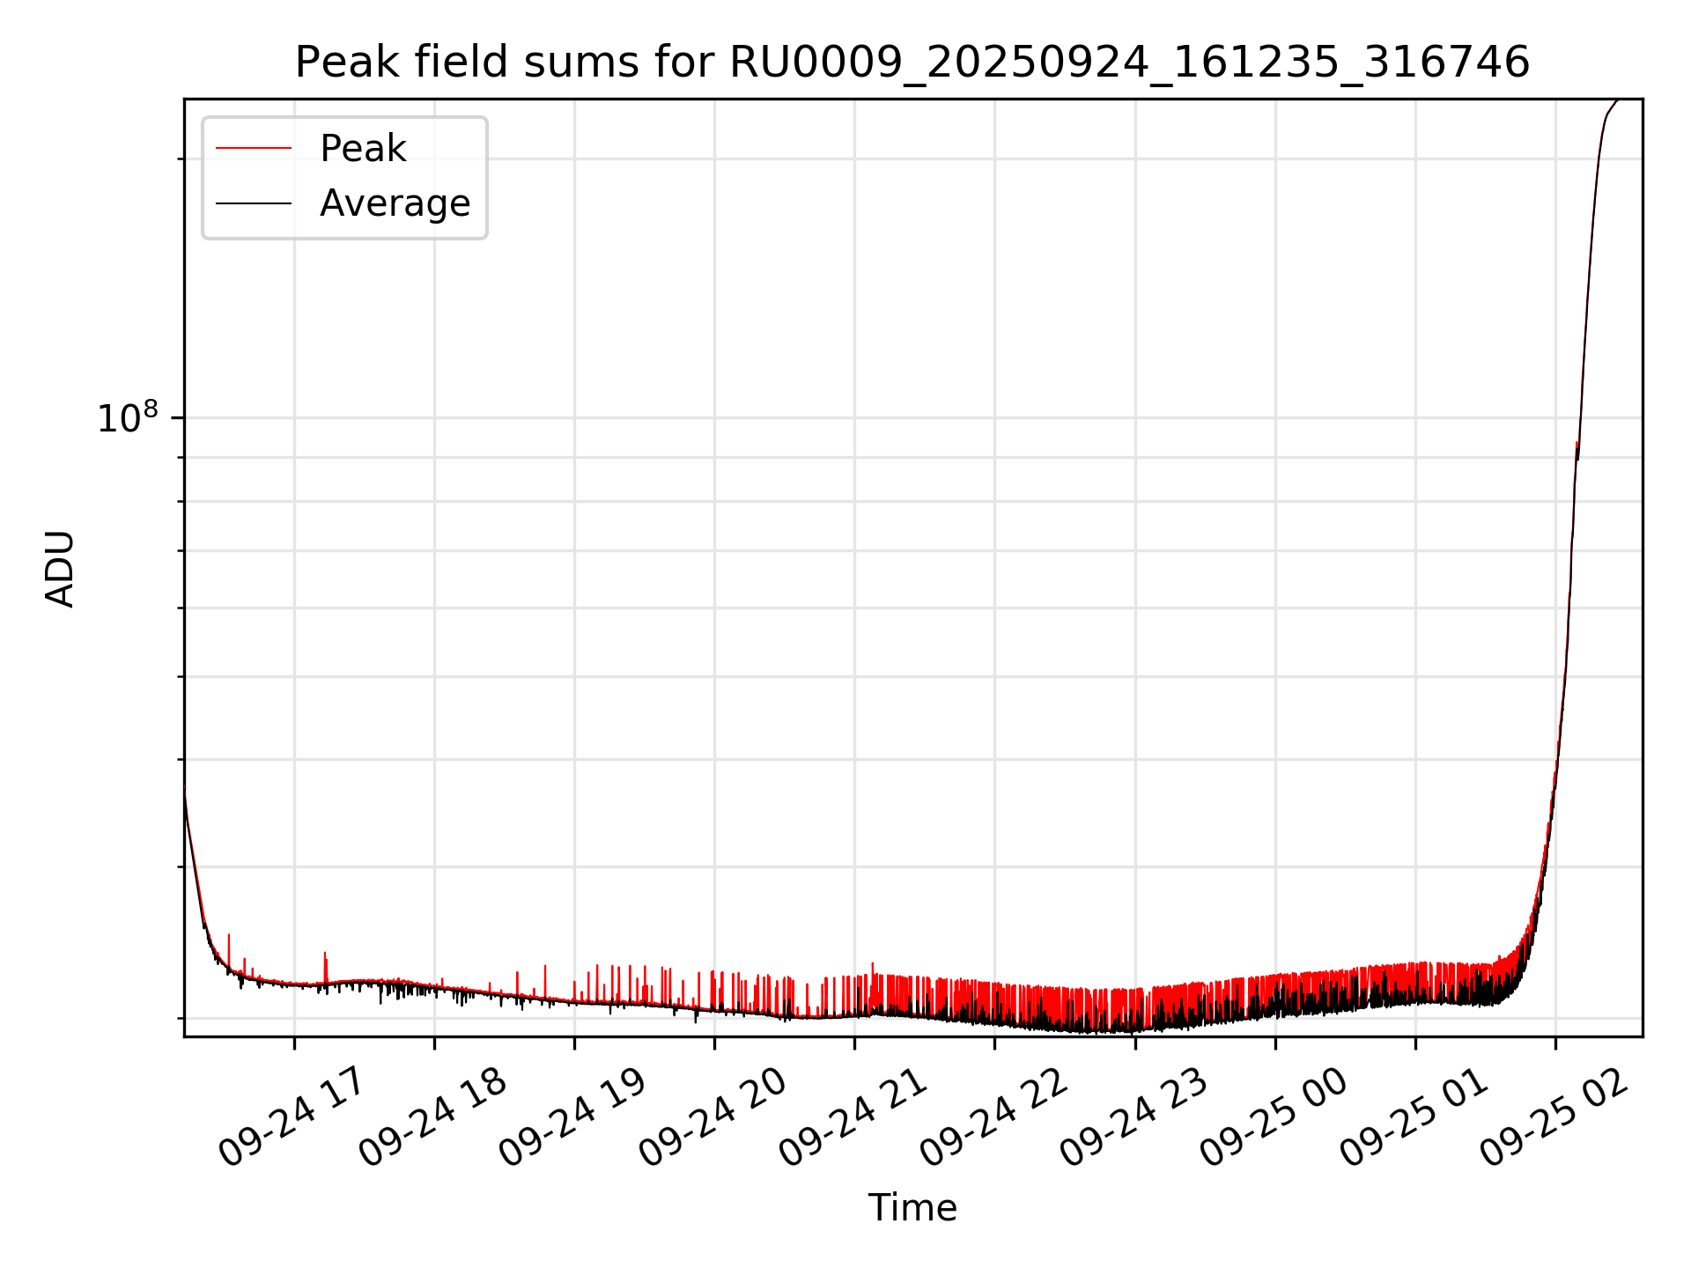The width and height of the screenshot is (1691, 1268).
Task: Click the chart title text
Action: [912, 63]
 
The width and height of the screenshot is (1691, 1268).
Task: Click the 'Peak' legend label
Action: [363, 149]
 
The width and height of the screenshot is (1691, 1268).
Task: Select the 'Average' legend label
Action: [395, 203]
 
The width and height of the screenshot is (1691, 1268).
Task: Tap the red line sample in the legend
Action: [254, 149]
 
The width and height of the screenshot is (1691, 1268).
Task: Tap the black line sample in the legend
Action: [254, 203]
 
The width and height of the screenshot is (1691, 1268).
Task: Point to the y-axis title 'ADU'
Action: [60, 568]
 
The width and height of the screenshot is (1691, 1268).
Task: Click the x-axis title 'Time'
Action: [912, 1207]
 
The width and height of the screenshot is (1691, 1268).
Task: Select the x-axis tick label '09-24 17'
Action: [292, 1117]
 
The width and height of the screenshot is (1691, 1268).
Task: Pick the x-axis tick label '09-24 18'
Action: [432, 1117]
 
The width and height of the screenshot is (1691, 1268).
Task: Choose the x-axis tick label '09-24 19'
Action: [572, 1117]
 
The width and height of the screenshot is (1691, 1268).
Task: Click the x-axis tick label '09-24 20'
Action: [713, 1117]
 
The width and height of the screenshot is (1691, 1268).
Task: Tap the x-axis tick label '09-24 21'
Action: [853, 1117]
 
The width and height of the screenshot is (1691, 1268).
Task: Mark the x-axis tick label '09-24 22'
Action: [993, 1117]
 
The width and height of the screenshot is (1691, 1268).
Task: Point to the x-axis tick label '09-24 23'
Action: [1133, 1117]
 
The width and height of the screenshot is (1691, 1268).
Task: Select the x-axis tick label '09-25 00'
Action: [1274, 1117]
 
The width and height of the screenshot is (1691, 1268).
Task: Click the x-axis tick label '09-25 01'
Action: [1414, 1117]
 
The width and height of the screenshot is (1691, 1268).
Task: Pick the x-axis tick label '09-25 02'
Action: [1554, 1117]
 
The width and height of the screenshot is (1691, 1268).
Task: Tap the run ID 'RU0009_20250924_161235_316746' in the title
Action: [1129, 63]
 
